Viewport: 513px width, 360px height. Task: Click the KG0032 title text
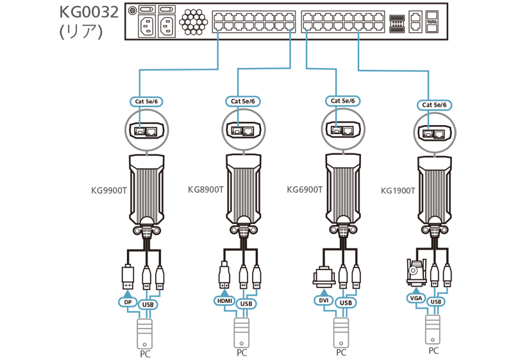(88, 12)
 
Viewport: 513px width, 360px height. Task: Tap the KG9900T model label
(110, 190)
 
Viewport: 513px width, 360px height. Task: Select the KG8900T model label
(205, 190)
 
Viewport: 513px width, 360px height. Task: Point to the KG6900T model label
(305, 190)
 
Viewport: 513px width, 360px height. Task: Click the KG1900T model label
(398, 191)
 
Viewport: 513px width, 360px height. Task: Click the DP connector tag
(126, 301)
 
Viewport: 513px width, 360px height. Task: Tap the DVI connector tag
(323, 300)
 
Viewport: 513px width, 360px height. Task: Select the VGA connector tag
(415, 298)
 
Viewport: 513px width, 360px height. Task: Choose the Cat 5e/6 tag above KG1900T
(435, 105)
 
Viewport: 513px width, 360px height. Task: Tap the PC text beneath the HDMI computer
(242, 353)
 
